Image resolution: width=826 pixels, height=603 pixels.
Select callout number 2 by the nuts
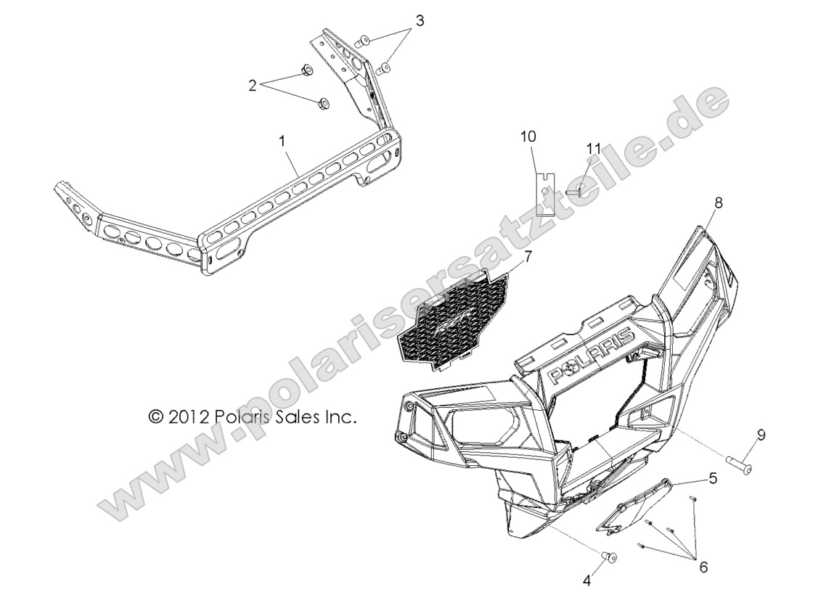(253, 86)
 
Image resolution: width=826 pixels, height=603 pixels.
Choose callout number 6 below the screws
(703, 567)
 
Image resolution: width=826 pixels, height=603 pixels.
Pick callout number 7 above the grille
(528, 256)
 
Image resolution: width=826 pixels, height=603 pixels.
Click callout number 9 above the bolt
(761, 435)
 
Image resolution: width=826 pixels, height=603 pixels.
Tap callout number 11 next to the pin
(594, 149)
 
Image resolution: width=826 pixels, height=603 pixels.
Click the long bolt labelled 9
(739, 463)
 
